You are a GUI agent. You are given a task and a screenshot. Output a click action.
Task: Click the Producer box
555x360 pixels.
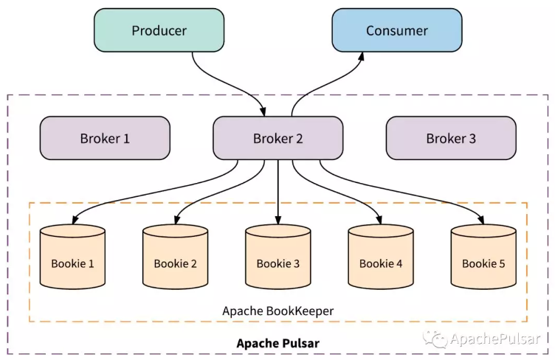[159, 30]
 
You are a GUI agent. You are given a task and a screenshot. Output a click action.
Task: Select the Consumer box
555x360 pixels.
[396, 30]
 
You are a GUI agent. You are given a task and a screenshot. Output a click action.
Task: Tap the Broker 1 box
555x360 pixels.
[105, 138]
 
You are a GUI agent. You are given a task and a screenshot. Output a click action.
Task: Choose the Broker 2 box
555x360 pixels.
[277, 138]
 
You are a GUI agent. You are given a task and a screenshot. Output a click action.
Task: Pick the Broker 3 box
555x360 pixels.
[451, 138]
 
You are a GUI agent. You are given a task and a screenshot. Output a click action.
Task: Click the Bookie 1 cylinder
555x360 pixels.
[72, 257]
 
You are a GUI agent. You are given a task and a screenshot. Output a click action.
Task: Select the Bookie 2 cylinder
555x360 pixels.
[175, 257]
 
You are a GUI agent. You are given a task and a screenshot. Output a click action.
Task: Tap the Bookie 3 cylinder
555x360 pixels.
[277, 257]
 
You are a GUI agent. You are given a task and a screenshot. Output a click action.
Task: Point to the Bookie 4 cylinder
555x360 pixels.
[381, 257]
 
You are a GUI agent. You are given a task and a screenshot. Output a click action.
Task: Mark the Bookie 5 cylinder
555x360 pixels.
[483, 257]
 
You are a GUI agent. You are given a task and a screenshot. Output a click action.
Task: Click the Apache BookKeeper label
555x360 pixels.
[277, 311]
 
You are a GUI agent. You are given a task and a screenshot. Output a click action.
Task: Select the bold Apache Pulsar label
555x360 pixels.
[277, 344]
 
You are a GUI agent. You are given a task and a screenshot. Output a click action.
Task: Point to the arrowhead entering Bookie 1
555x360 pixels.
[75, 220]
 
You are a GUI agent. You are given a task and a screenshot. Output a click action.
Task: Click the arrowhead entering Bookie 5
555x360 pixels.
[483, 220]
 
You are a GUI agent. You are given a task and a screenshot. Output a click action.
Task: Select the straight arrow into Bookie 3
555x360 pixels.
[277, 192]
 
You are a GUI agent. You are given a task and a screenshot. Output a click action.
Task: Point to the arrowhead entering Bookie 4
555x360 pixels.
[380, 220]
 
